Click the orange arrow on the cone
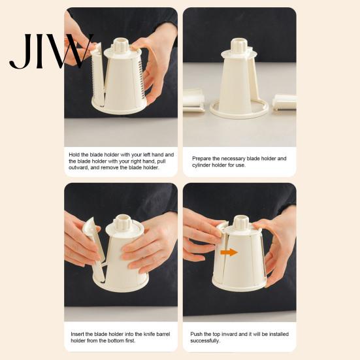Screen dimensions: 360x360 pyautogui.click(x=229, y=252)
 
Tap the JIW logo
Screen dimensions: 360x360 pyautogui.click(x=52, y=51)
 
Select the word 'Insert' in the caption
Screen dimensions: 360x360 pyautogui.click(x=77, y=334)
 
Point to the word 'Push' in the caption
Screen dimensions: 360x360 pyautogui.click(x=196, y=334)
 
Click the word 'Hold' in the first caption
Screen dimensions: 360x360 pyautogui.click(x=74, y=154)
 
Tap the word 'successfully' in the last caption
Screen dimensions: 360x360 pyautogui.click(x=205, y=340)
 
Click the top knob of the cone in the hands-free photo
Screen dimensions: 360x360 pyautogui.click(x=240, y=45)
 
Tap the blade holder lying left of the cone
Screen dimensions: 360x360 pyautogui.click(x=193, y=101)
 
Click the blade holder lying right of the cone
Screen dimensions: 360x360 pyautogui.click(x=284, y=103)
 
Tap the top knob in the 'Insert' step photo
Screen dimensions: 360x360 pyautogui.click(x=123, y=223)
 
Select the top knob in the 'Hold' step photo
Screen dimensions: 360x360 pyautogui.click(x=122, y=45)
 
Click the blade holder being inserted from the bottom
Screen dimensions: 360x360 pyautogui.click(x=94, y=249)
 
